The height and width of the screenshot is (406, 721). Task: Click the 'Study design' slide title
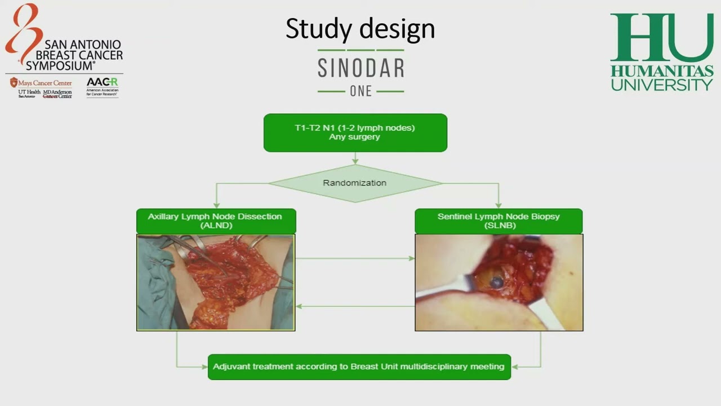coord(360,28)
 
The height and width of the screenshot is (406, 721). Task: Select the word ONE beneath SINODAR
coord(360,91)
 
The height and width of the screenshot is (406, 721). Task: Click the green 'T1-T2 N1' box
coord(355,133)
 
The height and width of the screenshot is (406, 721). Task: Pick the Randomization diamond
coord(355,183)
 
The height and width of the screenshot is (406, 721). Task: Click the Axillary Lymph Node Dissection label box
coord(216,220)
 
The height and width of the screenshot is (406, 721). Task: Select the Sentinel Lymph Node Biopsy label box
coord(499,220)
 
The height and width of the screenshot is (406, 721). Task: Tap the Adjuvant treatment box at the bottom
coord(359,367)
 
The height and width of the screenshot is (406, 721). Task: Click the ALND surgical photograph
coord(216,283)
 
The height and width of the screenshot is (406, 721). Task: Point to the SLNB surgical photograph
coord(499,283)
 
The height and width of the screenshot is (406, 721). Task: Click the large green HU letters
coord(661,38)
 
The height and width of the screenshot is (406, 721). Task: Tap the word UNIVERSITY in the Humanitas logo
coord(662,85)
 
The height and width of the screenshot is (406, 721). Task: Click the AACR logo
coord(102,82)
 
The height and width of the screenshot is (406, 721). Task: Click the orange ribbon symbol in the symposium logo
coord(23,31)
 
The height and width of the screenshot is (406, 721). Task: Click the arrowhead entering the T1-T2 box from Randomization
coord(355,162)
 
